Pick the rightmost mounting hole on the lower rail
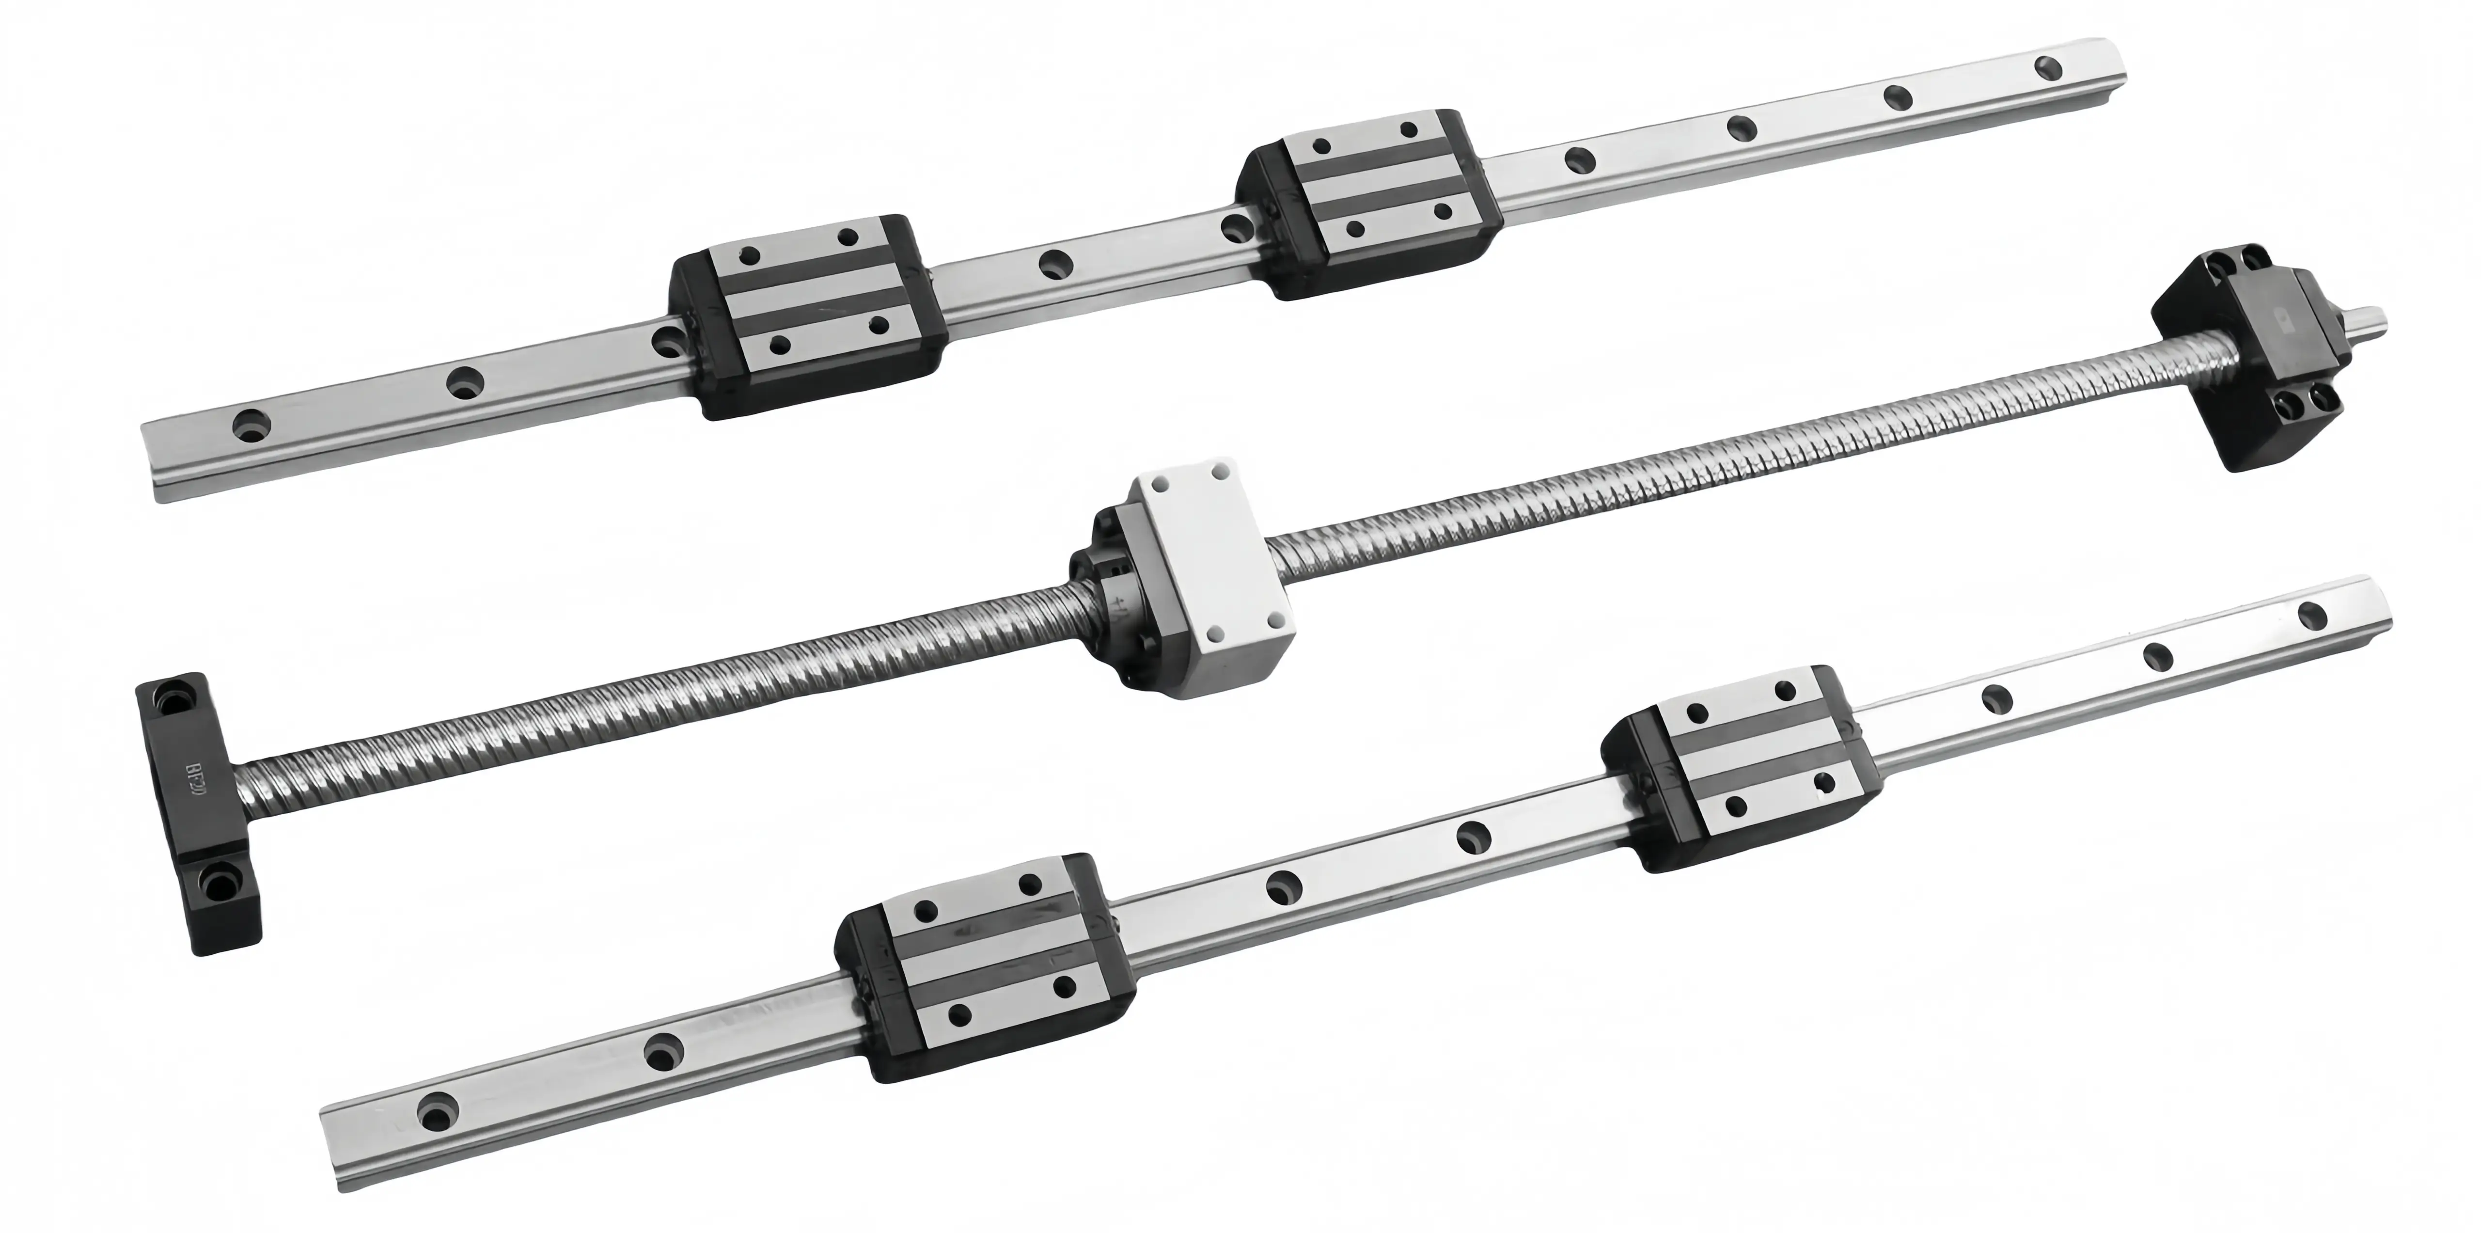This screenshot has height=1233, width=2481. tap(2311, 615)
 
